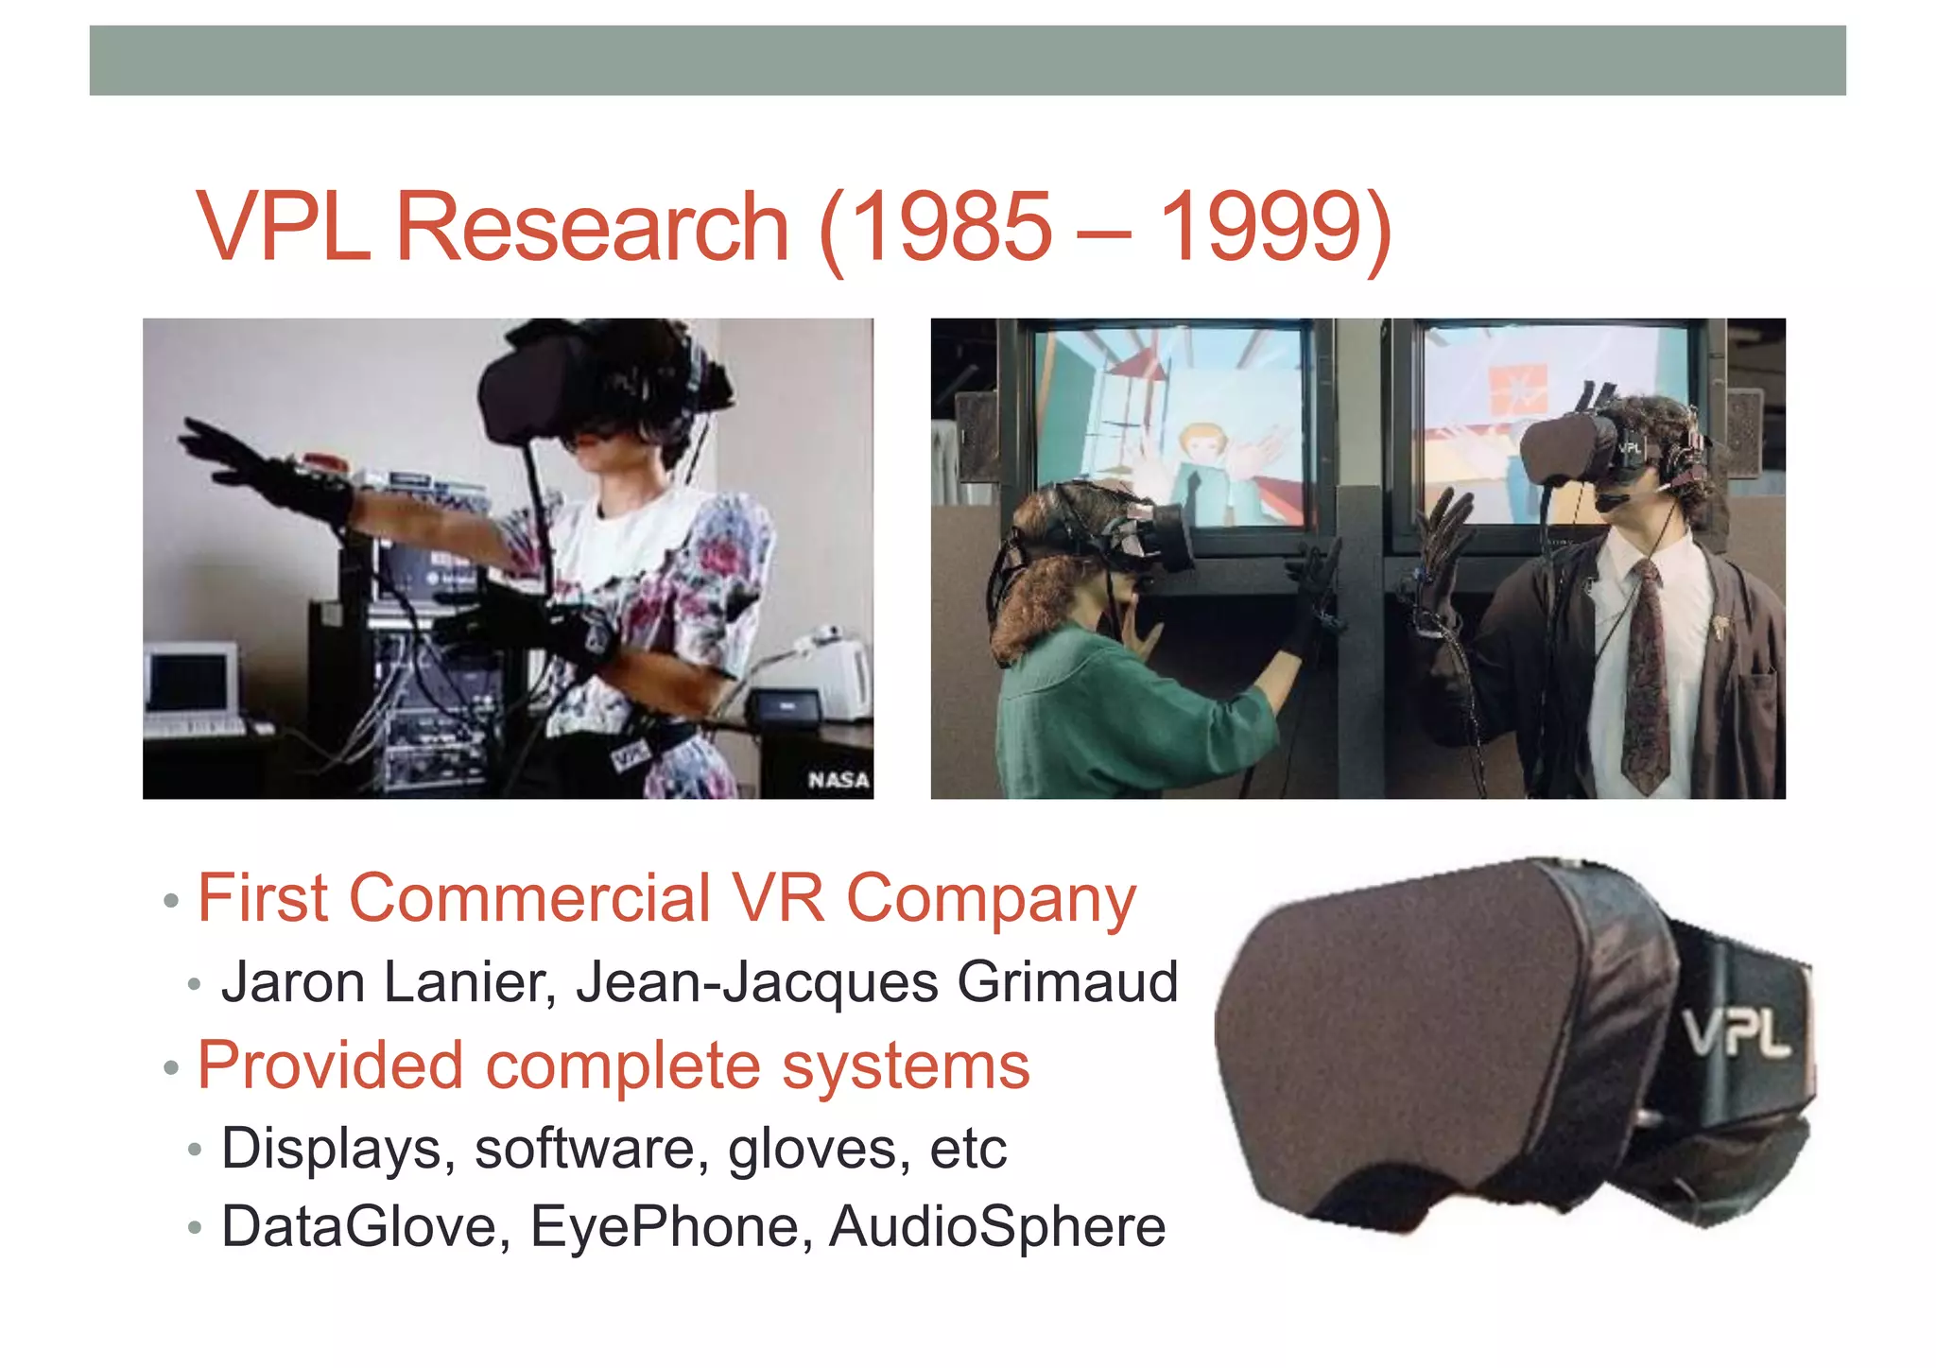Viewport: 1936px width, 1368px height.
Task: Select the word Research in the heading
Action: click(x=591, y=227)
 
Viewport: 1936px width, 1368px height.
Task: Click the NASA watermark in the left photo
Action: click(x=838, y=780)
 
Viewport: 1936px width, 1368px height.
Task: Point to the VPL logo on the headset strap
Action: click(x=1736, y=1032)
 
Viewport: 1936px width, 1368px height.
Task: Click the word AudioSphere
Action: click(x=997, y=1226)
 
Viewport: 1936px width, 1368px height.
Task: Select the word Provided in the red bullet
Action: click(x=330, y=1065)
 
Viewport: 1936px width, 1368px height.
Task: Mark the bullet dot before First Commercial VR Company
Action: click(x=171, y=900)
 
